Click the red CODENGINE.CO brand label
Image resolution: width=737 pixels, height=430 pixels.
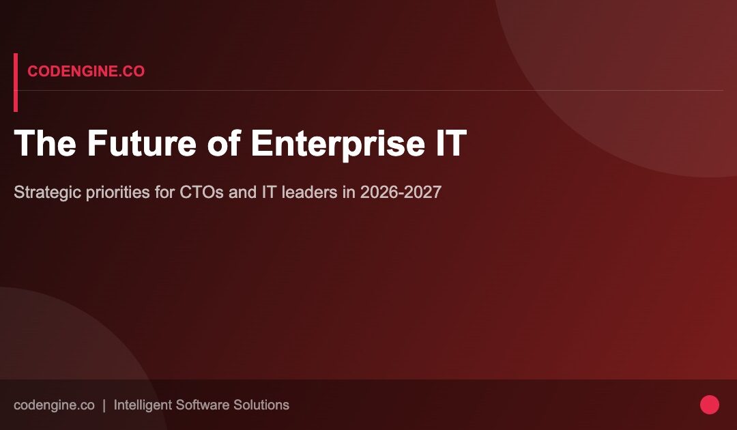click(x=86, y=72)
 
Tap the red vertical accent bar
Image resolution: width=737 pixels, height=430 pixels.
click(x=16, y=82)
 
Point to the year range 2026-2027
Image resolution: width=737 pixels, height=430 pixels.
click(x=401, y=192)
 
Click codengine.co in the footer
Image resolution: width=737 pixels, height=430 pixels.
click(x=54, y=405)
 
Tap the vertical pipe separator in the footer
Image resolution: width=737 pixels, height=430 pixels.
click(x=104, y=405)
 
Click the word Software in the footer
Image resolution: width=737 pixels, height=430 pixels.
click(x=202, y=405)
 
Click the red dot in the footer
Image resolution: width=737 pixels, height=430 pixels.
click(x=710, y=405)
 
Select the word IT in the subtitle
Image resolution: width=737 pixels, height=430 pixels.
click(x=269, y=192)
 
